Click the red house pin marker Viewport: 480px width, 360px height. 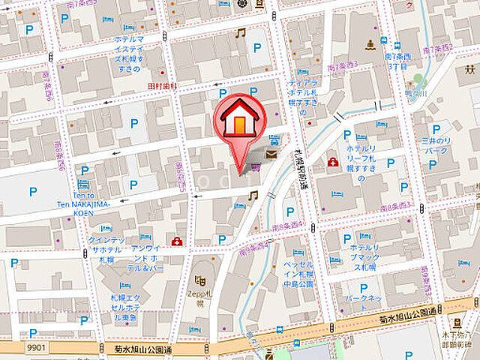(238, 119)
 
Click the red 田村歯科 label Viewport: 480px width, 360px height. (162, 87)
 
